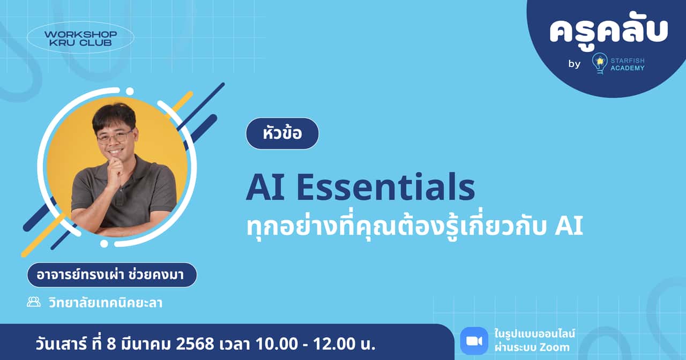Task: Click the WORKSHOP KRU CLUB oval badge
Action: click(x=80, y=37)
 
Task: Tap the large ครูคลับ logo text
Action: click(x=608, y=32)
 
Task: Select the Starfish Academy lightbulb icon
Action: click(x=599, y=63)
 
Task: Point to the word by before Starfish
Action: click(x=575, y=64)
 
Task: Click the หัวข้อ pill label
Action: click(x=282, y=133)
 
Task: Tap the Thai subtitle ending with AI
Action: click(x=414, y=227)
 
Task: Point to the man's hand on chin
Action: click(x=114, y=171)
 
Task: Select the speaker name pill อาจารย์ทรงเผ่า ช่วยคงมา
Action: click(x=112, y=275)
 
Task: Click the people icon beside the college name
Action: click(x=34, y=302)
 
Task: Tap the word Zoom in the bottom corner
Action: click(x=555, y=348)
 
